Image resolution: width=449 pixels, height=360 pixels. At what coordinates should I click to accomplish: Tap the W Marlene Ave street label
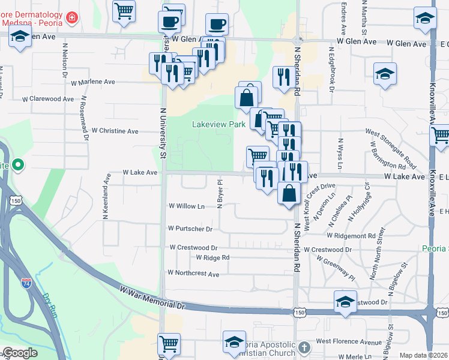point(92,82)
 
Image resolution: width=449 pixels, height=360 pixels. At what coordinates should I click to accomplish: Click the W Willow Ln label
point(187,206)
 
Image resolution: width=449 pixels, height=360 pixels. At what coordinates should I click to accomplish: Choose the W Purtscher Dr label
point(190,229)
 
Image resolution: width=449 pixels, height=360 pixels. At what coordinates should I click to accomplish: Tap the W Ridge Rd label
point(213,258)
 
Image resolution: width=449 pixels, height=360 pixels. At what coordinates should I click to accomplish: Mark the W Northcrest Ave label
point(193,273)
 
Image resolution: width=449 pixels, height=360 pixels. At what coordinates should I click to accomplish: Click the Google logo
point(20,353)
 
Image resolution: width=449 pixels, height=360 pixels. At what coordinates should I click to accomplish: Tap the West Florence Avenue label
point(348,342)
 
